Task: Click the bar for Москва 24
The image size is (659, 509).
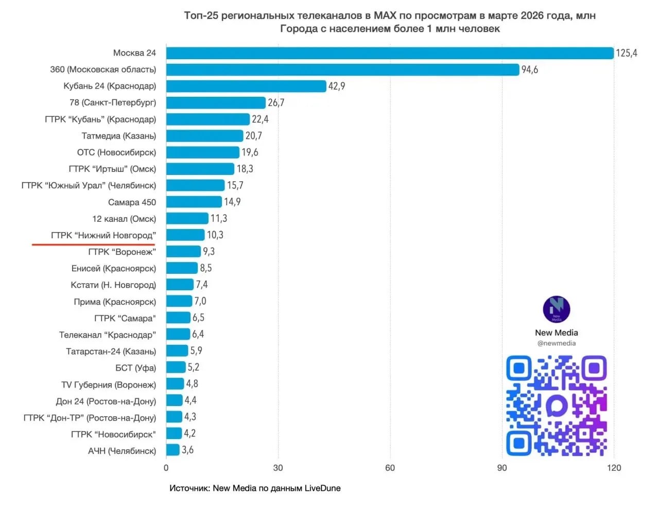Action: pyautogui.click(x=390, y=53)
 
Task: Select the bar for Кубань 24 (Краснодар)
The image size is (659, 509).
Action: pyautogui.click(x=246, y=86)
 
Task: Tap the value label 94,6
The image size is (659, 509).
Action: pyautogui.click(x=530, y=69)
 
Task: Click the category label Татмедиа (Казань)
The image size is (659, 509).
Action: pyautogui.click(x=118, y=136)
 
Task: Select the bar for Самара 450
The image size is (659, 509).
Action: pyautogui.click(x=194, y=202)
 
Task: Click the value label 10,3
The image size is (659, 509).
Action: pyautogui.click(x=215, y=235)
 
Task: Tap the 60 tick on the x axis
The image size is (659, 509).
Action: pyautogui.click(x=390, y=468)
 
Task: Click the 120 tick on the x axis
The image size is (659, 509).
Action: pyautogui.click(x=614, y=468)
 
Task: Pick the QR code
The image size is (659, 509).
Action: pyautogui.click(x=557, y=406)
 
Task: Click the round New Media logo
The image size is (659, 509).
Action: pyautogui.click(x=557, y=309)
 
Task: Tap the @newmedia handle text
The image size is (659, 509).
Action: pyautogui.click(x=557, y=343)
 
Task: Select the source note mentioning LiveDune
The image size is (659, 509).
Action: pyautogui.click(x=255, y=488)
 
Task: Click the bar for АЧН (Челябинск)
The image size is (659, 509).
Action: pyautogui.click(x=173, y=450)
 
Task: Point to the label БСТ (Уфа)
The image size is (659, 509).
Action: pyautogui.click(x=135, y=368)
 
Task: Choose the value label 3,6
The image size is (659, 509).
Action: pyautogui.click(x=188, y=450)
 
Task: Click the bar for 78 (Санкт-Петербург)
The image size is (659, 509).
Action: pyautogui.click(x=216, y=103)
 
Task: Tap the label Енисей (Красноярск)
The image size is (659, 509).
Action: pyautogui.click(x=114, y=269)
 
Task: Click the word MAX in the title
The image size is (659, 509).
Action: pyautogui.click(x=385, y=15)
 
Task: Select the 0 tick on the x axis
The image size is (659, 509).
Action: pyautogui.click(x=166, y=468)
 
